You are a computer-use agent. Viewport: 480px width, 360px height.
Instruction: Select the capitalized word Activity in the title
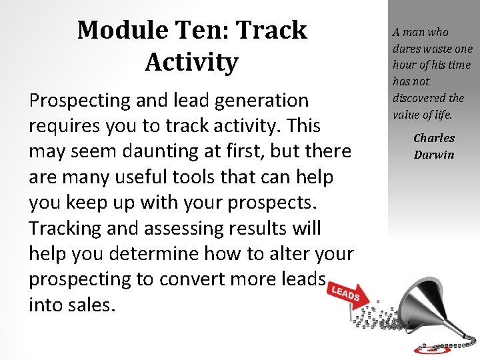[x=191, y=62]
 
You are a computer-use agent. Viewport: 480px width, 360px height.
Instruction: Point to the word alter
[x=283, y=253]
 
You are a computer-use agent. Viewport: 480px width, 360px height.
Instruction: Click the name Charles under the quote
[x=434, y=138]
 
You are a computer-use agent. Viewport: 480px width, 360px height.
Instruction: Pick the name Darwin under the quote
[x=434, y=155]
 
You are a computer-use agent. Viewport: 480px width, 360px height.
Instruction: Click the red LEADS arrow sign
[x=345, y=294]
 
